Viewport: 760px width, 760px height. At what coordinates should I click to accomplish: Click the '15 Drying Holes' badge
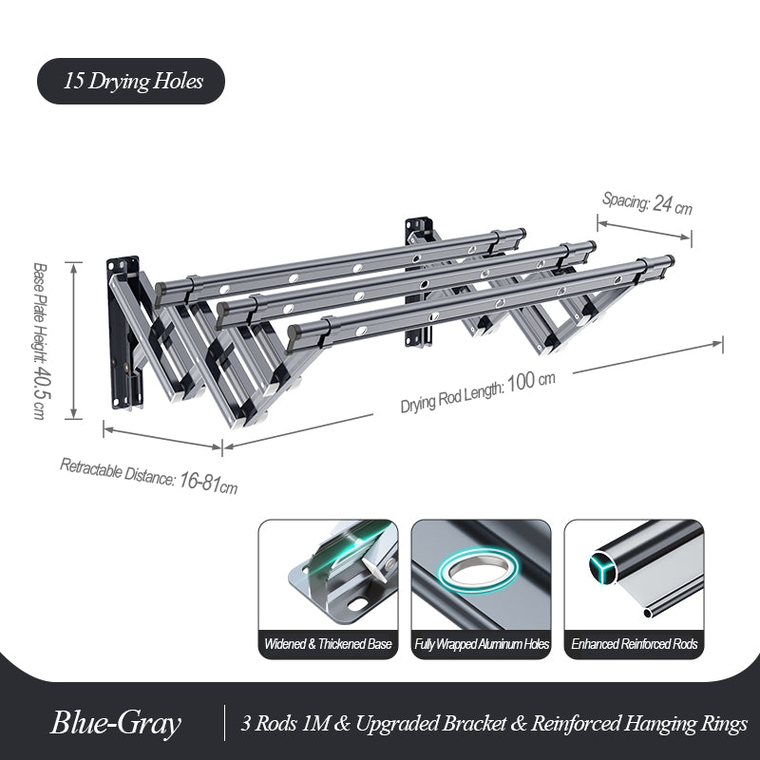132,81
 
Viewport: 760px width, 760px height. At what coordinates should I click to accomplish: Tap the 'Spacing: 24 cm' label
647,201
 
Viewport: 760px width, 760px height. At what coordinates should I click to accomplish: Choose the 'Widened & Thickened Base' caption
328,644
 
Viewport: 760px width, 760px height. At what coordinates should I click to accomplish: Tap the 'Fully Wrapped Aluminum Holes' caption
482,644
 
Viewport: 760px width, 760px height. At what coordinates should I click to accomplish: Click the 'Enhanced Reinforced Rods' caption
635,644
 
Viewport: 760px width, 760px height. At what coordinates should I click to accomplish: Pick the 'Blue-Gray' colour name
116,724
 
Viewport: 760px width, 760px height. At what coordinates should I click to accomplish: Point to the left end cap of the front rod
294,333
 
